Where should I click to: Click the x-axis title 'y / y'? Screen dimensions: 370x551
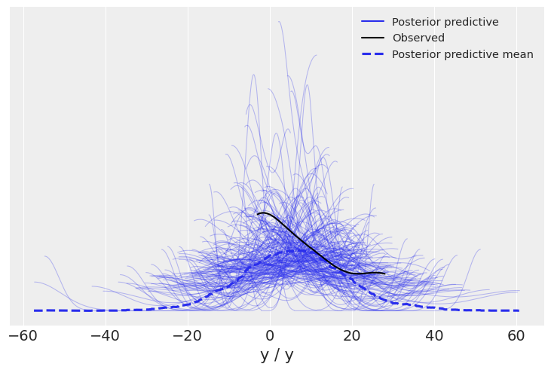pyautogui.click(x=277, y=355)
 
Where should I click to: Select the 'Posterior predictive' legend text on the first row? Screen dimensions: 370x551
pyautogui.click(x=445, y=22)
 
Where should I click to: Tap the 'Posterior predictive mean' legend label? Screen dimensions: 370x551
pyautogui.click(x=462, y=54)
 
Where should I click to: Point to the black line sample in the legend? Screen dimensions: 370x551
pyautogui.click(x=373, y=38)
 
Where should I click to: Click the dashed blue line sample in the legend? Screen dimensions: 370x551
pyautogui.click(x=373, y=54)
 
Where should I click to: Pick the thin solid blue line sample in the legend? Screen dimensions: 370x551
pyautogui.click(x=373, y=22)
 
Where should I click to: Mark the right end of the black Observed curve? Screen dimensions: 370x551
pyautogui.click(x=384, y=274)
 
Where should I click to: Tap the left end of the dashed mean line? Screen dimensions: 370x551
pyautogui.click(x=35, y=310)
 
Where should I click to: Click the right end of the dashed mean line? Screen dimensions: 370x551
pyautogui.click(x=519, y=310)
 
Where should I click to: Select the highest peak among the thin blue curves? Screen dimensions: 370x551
pyautogui.click(x=280, y=21)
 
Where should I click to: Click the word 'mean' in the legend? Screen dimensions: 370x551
pyautogui.click(x=518, y=54)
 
